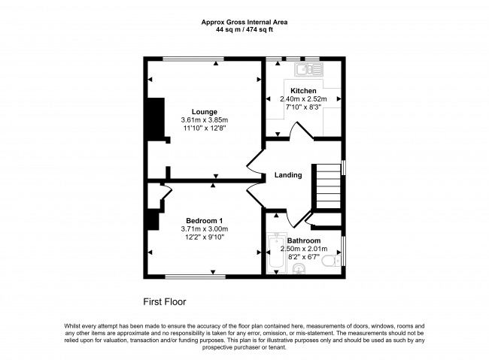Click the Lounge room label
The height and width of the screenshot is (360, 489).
pos(204,112)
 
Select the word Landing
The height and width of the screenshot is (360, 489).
pos(287,175)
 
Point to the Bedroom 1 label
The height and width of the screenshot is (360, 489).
pos(205,220)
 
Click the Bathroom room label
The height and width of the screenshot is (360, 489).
pos(303,241)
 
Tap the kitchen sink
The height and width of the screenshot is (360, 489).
pos(308,70)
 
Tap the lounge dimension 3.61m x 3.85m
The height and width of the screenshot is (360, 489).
pos(204,120)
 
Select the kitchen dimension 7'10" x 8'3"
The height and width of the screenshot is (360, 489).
pos(303,107)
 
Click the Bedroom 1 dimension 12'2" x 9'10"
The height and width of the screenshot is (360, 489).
pos(205,237)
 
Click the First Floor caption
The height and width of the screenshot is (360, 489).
pos(165,301)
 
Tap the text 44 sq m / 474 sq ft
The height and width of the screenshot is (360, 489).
pos(244,31)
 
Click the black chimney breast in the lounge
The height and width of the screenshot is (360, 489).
pos(155,119)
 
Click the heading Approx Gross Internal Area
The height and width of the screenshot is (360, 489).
pos(244,23)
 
